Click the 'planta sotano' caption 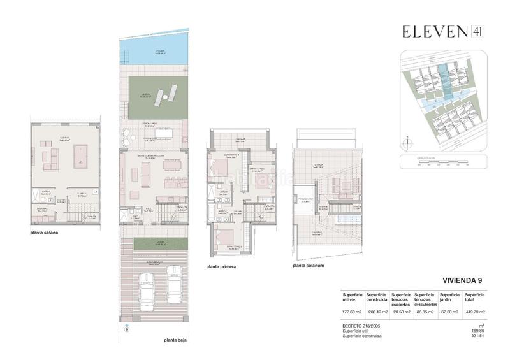[x=44, y=233]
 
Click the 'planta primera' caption [x=221, y=267]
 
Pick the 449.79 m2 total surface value [x=475, y=312]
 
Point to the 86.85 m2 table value [x=425, y=312]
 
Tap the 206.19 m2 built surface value [x=376, y=312]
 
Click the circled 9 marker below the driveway [x=126, y=329]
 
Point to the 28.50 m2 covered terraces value [x=400, y=312]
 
